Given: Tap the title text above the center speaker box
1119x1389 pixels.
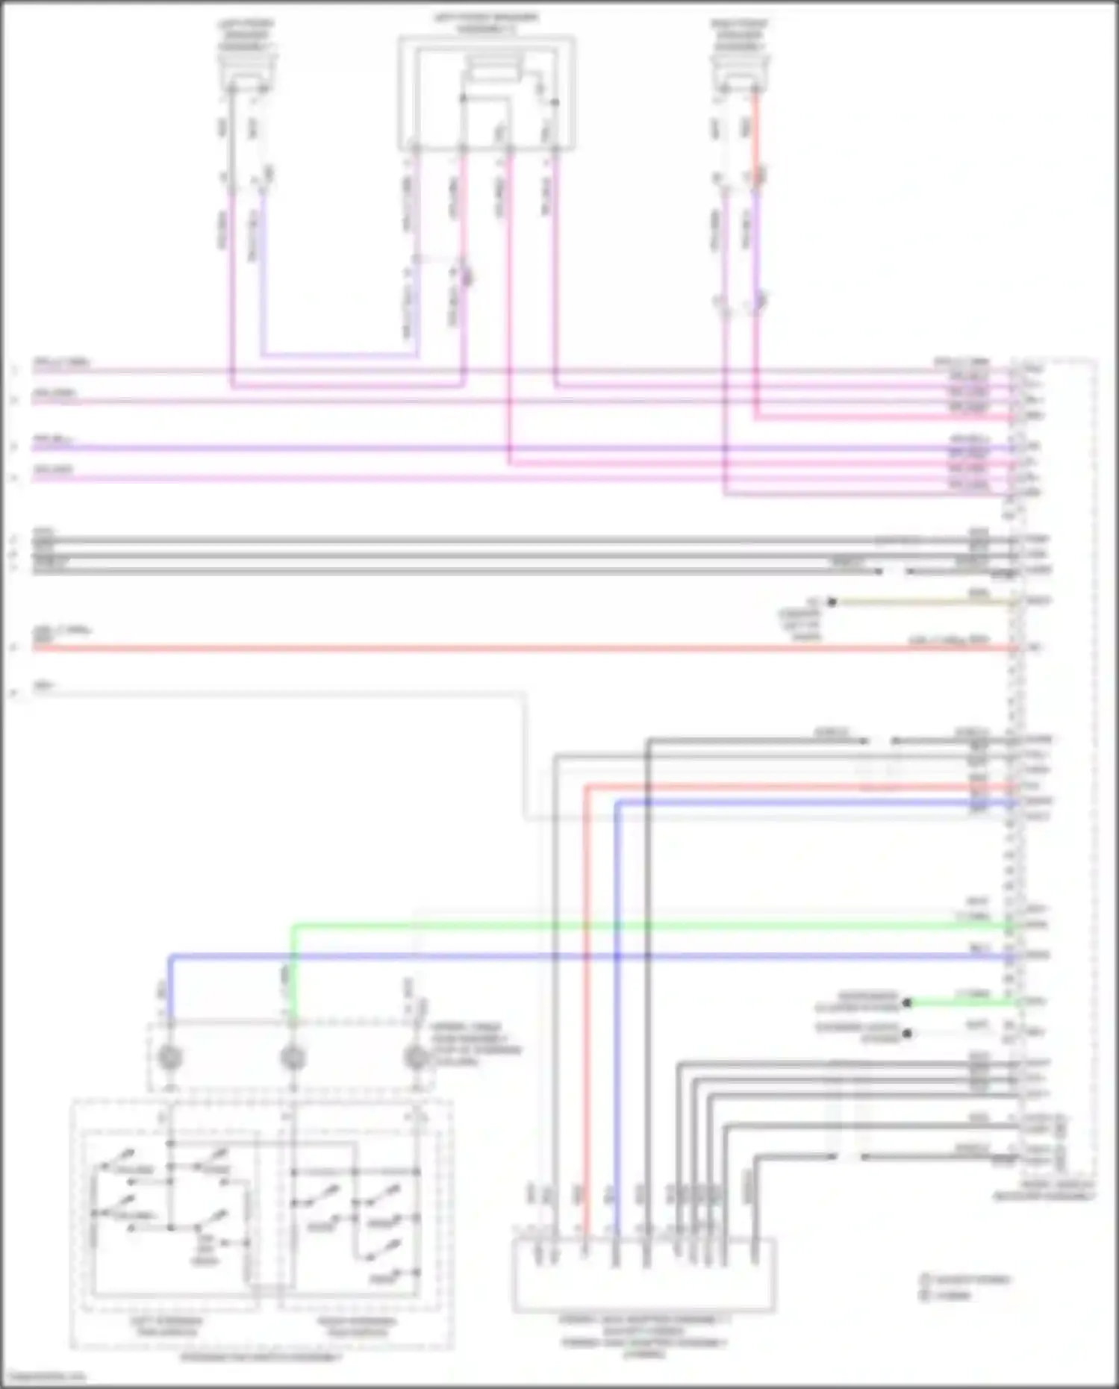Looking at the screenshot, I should click(486, 22).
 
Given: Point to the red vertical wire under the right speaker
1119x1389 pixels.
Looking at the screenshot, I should click(755, 134).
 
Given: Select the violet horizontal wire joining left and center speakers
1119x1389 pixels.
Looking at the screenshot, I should click(340, 355).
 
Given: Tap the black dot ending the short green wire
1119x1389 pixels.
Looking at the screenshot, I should click(907, 1002).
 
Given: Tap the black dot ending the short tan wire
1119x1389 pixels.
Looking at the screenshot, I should click(832, 602).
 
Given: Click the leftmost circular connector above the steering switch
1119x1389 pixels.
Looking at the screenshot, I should click(171, 1058).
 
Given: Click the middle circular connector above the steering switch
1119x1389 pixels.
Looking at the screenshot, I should click(293, 1058).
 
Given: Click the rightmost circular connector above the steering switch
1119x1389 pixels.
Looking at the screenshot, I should click(415, 1058).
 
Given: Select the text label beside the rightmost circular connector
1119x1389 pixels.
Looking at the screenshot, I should click(475, 1044).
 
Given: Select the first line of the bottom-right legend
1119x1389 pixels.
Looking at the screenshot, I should click(967, 1279).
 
